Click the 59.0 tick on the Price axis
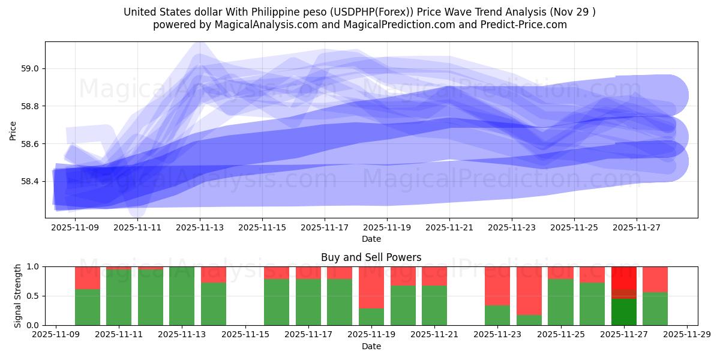pos(30,69)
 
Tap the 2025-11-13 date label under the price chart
pos(200,227)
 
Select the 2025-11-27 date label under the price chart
pos(636,227)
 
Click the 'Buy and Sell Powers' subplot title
pos(371,257)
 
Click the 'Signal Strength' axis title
pos(18,296)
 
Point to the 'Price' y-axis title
pos(13,130)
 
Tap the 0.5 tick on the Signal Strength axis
pos(34,296)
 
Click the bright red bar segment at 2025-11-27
pos(624,277)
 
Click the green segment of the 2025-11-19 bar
pos(371,317)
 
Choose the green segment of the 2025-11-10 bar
pos(88,307)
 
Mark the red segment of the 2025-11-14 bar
pos(214,274)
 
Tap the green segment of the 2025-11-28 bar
pos(655,308)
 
